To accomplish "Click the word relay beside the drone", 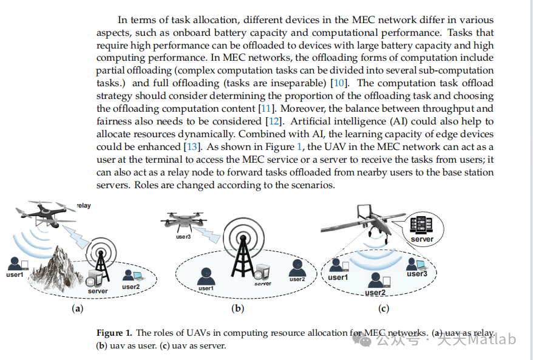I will [x=83, y=206].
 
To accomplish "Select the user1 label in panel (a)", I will [x=15, y=275].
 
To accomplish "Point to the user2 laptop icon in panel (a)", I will [x=129, y=275].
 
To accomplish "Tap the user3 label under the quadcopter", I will [x=183, y=237].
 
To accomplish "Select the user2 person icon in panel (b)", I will [x=297, y=267].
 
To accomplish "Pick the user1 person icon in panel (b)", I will [x=206, y=276].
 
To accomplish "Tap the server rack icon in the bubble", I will [x=421, y=225].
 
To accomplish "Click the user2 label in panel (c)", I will [x=375, y=292].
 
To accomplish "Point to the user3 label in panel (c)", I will [x=417, y=274].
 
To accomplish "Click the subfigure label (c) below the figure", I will [x=383, y=308].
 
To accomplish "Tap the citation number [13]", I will [x=191, y=147].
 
